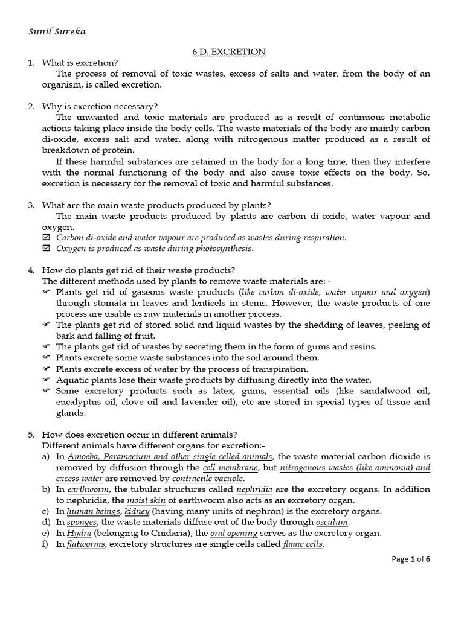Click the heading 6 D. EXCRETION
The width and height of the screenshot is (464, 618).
pos(225,52)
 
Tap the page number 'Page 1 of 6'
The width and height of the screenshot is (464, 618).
pos(411,559)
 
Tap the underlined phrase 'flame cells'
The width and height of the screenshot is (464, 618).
pos(303,544)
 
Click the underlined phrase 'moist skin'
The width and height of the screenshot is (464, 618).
pos(149,500)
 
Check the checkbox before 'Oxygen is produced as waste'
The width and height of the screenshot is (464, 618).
pos(46,249)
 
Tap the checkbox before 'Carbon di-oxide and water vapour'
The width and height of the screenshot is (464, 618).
pos(46,238)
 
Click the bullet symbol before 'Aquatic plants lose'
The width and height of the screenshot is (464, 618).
pos(46,380)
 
